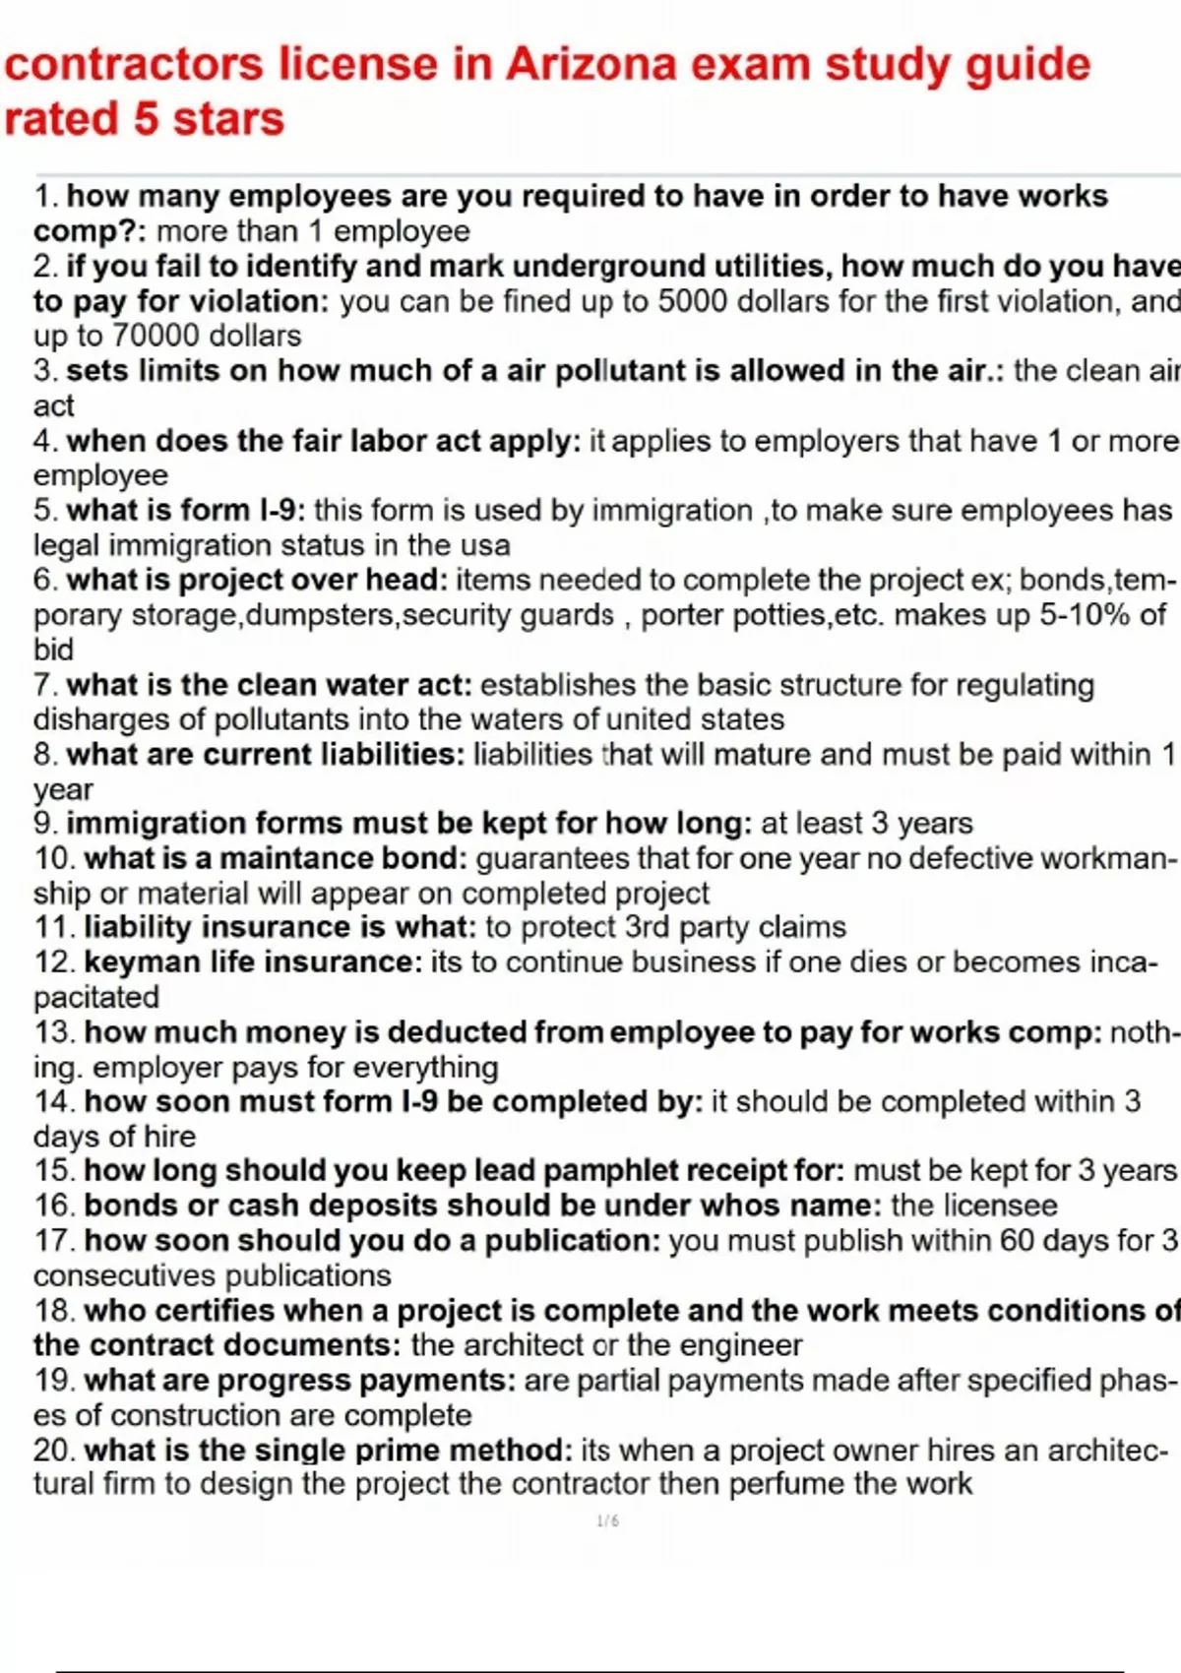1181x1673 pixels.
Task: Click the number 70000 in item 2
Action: tap(153, 336)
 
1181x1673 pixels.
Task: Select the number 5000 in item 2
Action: tap(694, 301)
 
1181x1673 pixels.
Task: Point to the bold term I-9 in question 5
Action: tap(282, 510)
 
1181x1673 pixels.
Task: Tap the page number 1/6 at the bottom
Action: tap(607, 1521)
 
